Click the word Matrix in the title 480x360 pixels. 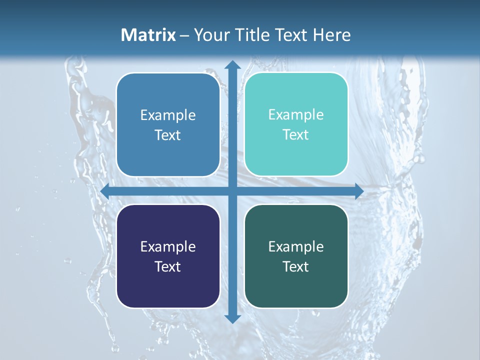pyautogui.click(x=148, y=35)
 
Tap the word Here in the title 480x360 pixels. pyautogui.click(x=332, y=35)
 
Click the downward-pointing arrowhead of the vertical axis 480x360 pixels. pyautogui.click(x=232, y=318)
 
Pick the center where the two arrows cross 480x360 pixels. pyautogui.click(x=232, y=191)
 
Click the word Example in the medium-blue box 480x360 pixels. pyautogui.click(x=168, y=115)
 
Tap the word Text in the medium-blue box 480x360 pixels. pyautogui.click(x=168, y=135)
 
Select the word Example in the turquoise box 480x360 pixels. pyautogui.click(x=296, y=115)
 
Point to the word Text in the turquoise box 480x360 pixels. pyautogui.click(x=296, y=135)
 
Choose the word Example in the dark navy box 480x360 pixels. pyautogui.click(x=168, y=246)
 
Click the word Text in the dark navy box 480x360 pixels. pyautogui.click(x=168, y=266)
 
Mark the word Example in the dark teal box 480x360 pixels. pyautogui.click(x=296, y=246)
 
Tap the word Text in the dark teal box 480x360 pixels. pyautogui.click(x=296, y=266)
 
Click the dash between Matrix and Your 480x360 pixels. pyautogui.click(x=184, y=35)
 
